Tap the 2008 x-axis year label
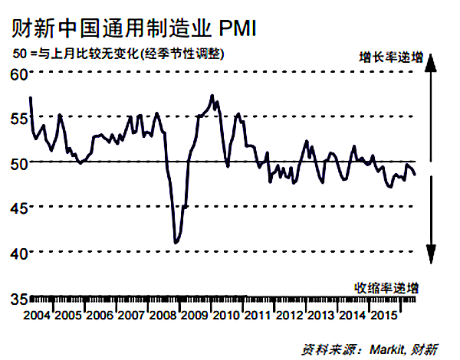[x=163, y=316]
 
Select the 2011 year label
[x=257, y=316]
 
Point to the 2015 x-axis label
[x=383, y=316]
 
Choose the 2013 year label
[x=320, y=316]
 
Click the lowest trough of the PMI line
[x=176, y=243]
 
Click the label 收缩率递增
[x=386, y=287]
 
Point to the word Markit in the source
[x=383, y=349]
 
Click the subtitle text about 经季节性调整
[x=177, y=55]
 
